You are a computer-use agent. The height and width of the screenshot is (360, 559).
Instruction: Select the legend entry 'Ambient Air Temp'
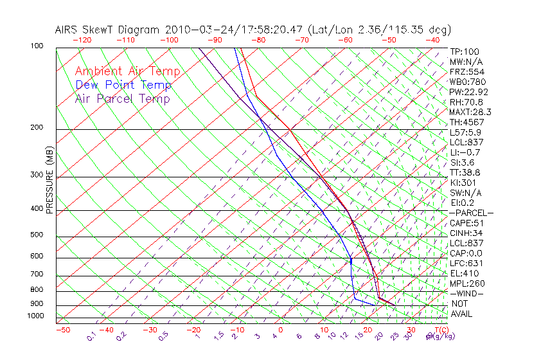[127, 71]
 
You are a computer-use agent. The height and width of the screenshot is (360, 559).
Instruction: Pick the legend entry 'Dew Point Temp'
[123, 85]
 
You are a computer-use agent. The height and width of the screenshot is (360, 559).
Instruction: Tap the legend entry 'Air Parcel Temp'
[122, 98]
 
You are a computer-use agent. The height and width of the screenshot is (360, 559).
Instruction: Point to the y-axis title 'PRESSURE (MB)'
[49, 181]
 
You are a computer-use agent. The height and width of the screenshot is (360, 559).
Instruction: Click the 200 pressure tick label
[37, 127]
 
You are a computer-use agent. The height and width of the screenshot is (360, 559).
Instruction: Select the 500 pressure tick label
[37, 235]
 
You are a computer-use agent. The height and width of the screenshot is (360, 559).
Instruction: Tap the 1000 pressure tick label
[36, 316]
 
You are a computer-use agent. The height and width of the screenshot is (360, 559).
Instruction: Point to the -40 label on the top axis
[432, 40]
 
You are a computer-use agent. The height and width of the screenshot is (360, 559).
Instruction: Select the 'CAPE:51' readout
[466, 223]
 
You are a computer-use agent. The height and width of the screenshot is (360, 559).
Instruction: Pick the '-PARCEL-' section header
[472, 213]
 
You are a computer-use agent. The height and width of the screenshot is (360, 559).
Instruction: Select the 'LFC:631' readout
[466, 263]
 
